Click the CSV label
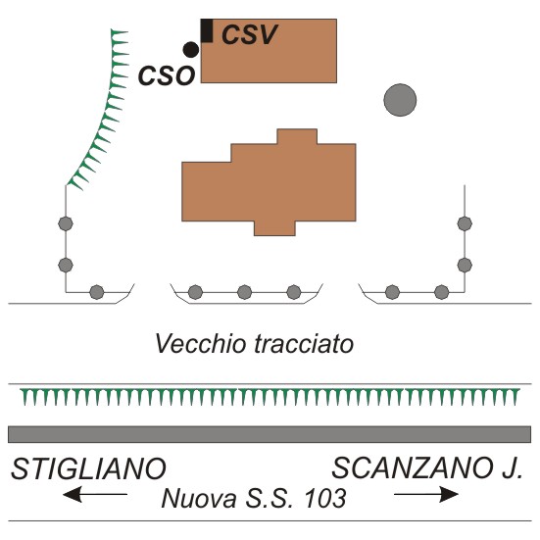click(x=249, y=34)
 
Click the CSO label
click(x=167, y=76)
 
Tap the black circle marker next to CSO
click(x=191, y=50)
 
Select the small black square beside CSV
click(x=207, y=31)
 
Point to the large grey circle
click(x=400, y=100)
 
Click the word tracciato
click(x=305, y=344)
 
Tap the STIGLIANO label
click(x=89, y=468)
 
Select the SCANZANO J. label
click(x=427, y=468)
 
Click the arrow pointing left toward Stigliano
click(x=95, y=494)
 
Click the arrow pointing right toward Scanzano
click(x=426, y=494)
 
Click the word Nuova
click(x=199, y=498)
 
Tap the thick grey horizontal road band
click(x=270, y=434)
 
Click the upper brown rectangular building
click(x=269, y=51)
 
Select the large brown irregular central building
click(x=269, y=182)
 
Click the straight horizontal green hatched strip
click(x=270, y=396)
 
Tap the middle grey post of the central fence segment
click(x=244, y=292)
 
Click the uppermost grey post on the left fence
click(x=66, y=223)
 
